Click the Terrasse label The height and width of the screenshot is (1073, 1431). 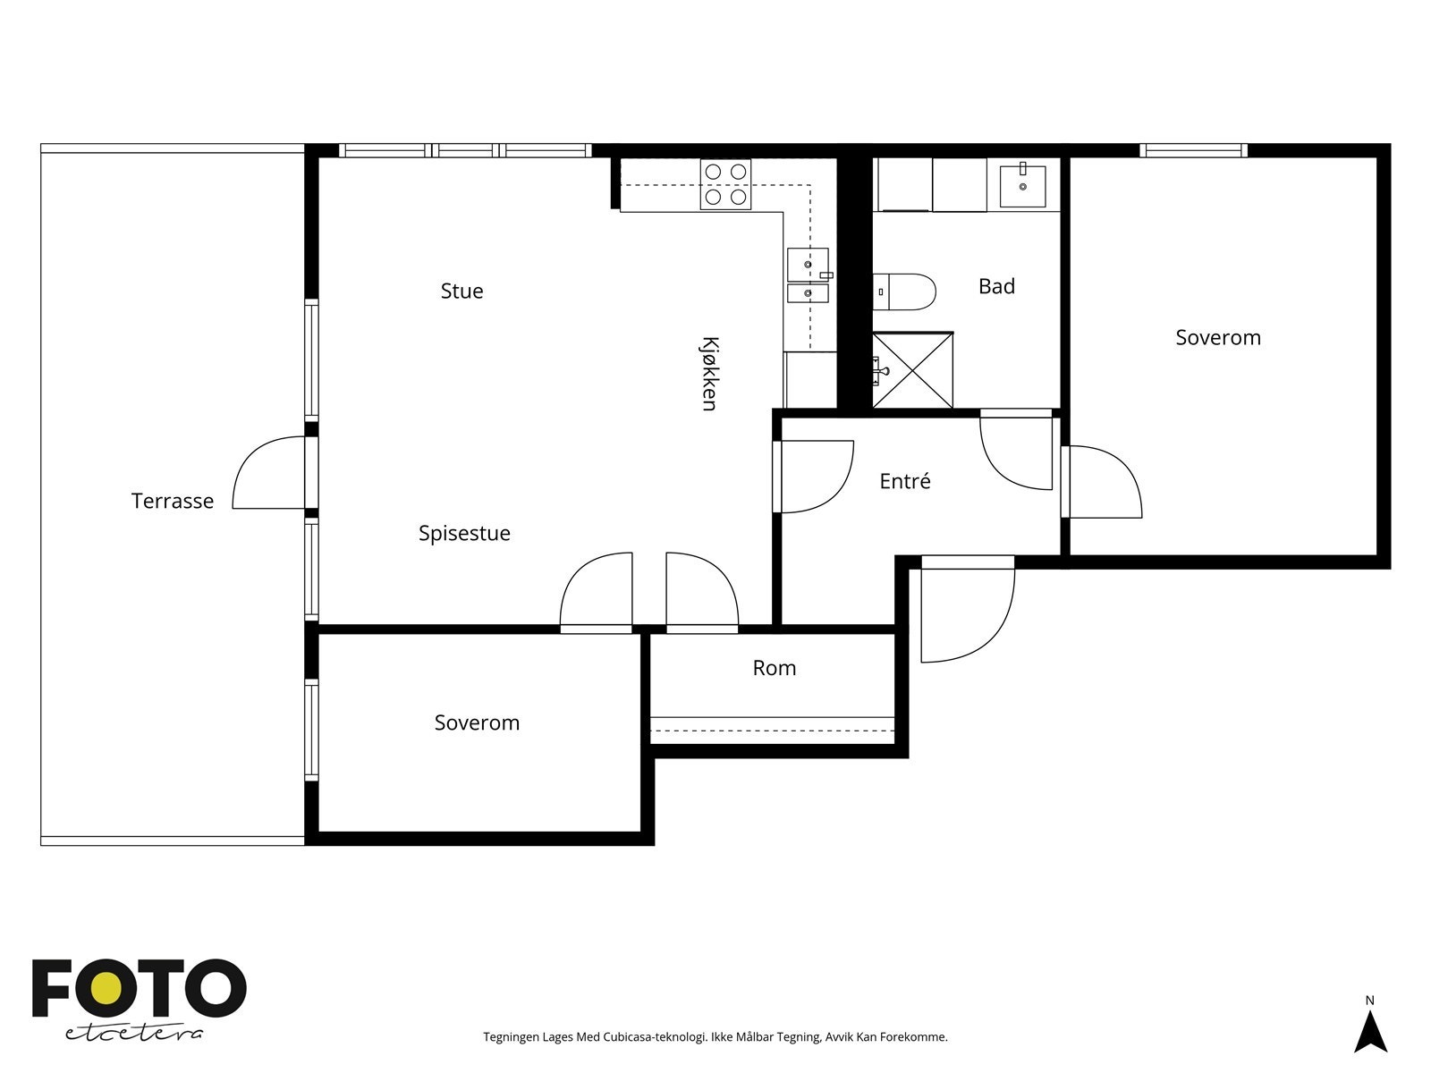click(172, 501)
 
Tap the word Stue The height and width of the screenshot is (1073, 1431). click(461, 291)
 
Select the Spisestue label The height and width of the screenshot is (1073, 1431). click(464, 533)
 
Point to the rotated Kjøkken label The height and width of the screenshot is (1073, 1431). click(710, 373)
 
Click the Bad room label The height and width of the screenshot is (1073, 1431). click(996, 286)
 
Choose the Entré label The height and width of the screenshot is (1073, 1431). click(905, 481)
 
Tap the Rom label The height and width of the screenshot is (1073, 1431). click(774, 668)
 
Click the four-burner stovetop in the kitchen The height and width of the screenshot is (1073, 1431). click(725, 184)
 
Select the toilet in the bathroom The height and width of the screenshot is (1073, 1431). click(904, 291)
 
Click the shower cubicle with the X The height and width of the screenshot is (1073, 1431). click(913, 371)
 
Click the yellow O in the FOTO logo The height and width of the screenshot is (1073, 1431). click(106, 988)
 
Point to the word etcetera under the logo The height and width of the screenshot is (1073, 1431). click(134, 1034)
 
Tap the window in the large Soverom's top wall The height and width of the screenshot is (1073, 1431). click(1193, 150)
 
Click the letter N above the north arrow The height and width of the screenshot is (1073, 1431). click(1369, 1000)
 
